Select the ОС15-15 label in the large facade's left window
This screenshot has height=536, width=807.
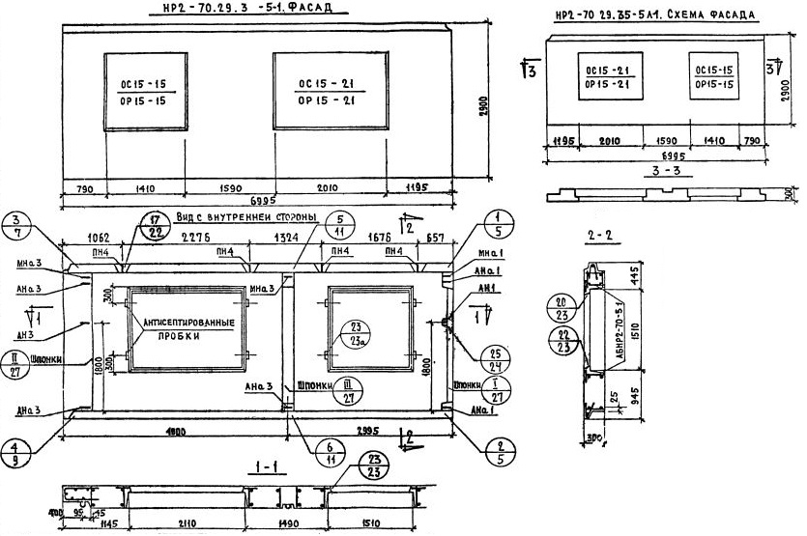[144, 84]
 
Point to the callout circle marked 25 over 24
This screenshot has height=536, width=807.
[498, 358]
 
